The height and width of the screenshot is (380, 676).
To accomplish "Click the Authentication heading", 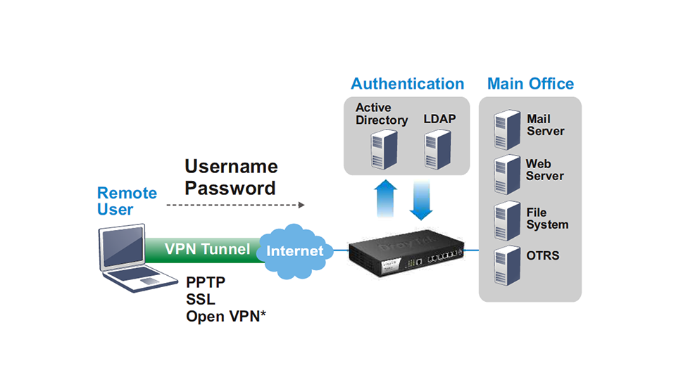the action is point(408,84).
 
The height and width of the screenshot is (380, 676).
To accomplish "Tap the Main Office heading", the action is point(530,84).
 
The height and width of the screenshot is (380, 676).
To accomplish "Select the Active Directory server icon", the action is point(384,149).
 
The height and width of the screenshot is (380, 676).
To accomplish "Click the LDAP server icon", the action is point(437,149).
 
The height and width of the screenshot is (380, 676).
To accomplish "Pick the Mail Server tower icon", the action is point(507,129).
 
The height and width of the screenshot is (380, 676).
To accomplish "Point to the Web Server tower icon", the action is point(507,175).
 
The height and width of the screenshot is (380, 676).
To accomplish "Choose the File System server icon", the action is point(507,220).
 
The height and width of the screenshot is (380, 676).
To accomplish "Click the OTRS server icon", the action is point(507,265).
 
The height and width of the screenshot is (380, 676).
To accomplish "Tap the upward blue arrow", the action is point(385,198).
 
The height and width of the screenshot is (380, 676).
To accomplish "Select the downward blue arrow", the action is point(421,201).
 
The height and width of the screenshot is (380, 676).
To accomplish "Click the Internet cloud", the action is point(295,251).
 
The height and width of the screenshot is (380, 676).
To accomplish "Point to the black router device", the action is point(406,254).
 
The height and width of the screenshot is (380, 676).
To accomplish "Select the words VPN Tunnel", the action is point(207,249).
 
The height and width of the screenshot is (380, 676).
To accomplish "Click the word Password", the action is point(230,189).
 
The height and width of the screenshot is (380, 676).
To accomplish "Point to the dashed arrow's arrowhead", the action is point(301,205).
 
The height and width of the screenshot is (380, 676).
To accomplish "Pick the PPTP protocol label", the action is point(206,282).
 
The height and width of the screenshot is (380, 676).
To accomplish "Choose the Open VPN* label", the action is point(226,316).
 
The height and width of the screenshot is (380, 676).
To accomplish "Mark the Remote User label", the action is point(127,201).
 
